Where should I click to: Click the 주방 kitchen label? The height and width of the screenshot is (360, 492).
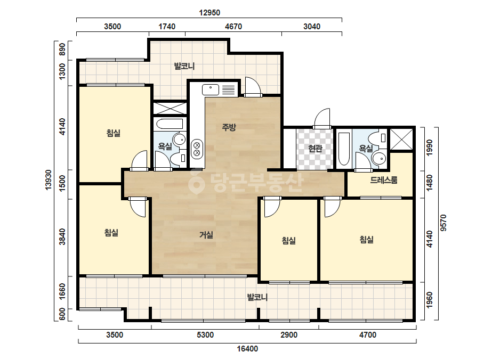point(229,127)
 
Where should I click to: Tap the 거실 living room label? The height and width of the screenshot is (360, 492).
point(206,234)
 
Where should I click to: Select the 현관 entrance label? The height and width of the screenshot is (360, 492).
point(315,149)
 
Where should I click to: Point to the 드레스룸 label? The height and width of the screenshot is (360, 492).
point(384,180)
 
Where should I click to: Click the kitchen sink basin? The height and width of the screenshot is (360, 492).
point(210,89)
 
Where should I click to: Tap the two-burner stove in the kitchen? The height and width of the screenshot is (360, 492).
point(197,149)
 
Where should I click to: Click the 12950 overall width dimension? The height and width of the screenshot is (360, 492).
point(209,13)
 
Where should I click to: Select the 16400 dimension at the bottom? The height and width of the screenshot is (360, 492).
point(247,349)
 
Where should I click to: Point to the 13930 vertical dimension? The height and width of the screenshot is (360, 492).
point(48,180)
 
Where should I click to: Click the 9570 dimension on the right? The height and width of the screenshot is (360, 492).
point(443,223)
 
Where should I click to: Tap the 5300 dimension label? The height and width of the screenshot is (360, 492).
point(205,335)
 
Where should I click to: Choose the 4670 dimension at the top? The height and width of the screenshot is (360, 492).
point(233,26)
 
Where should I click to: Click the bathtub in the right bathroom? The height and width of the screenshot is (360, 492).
point(344,149)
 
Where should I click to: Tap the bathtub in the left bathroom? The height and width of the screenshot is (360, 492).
point(170,124)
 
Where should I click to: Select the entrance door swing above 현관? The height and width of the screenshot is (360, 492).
point(322,119)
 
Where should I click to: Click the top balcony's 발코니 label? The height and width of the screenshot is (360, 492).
point(184,66)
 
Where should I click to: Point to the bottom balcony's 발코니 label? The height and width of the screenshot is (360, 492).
point(257,297)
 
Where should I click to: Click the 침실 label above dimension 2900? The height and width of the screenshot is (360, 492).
point(289,241)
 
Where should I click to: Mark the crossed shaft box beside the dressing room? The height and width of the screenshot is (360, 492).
point(401,139)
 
